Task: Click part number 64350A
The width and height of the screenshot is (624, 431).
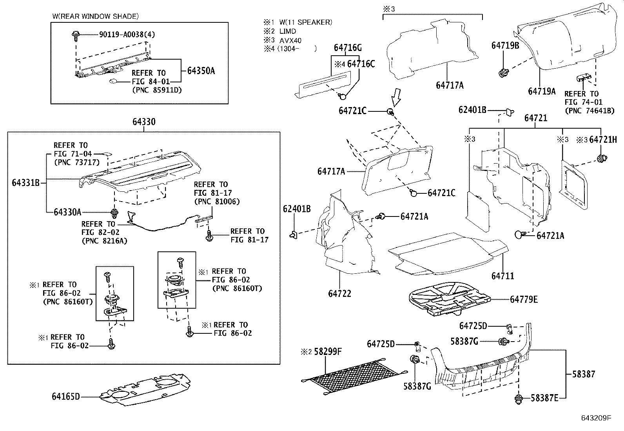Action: coord(201,71)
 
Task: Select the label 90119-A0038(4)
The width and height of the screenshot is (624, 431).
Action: coord(127,35)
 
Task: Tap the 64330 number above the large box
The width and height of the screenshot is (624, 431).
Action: coord(143,122)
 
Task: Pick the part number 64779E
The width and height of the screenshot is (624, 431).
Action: coord(524,300)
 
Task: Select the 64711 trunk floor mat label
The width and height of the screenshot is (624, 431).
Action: coord(502,276)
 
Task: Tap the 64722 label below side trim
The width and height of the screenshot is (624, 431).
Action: coord(339,294)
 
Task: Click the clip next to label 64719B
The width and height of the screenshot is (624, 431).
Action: coord(503,72)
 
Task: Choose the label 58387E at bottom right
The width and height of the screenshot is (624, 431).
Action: coord(544,398)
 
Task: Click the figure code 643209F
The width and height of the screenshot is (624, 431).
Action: coord(596,418)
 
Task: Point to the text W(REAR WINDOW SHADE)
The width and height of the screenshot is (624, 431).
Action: coord(95,16)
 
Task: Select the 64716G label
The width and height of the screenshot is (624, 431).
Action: coord(348,48)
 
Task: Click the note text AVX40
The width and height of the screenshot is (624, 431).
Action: coord(290,40)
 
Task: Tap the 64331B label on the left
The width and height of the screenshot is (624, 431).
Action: coord(26,182)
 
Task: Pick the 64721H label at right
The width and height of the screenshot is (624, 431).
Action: coord(603,140)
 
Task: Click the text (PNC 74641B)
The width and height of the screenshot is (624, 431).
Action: coord(589,111)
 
